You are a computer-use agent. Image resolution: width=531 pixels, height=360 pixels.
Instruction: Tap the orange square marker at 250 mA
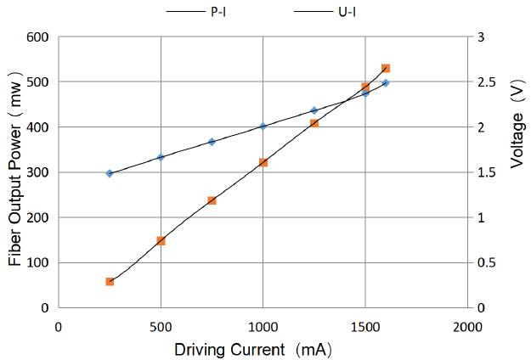[110, 281]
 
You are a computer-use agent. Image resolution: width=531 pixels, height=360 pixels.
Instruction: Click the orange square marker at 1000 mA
[263, 162]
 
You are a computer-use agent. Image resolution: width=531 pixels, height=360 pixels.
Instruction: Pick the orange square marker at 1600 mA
[386, 68]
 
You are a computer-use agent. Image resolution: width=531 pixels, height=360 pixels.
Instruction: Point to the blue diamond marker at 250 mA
[110, 173]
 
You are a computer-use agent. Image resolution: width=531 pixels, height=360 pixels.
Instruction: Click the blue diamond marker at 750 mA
[212, 142]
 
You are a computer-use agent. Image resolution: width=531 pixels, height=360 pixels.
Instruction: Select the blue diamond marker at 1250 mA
[314, 110]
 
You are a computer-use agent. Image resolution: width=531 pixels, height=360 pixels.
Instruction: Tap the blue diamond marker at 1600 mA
[386, 83]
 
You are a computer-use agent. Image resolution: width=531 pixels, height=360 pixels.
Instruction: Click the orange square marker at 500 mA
[161, 240]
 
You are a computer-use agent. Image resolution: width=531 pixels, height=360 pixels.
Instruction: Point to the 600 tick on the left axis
[37, 37]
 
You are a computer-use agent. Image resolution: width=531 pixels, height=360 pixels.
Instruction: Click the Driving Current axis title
[252, 349]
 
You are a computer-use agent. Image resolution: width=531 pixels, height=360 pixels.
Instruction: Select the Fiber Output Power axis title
[15, 172]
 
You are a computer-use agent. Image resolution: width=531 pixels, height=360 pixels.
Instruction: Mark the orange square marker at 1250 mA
[314, 123]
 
